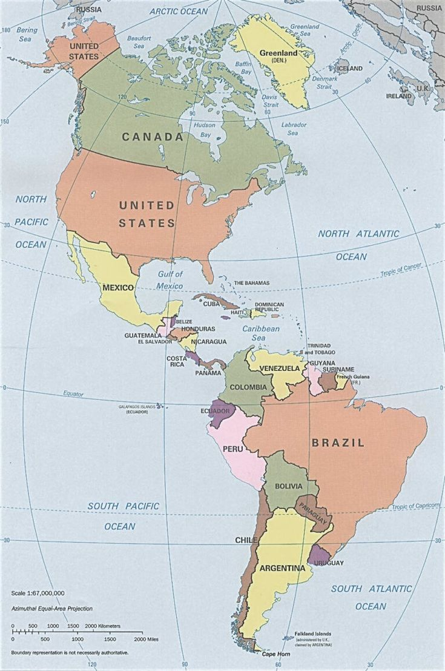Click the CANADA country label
(153, 137)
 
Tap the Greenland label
(278, 53)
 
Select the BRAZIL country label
(338, 443)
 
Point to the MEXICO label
(118, 287)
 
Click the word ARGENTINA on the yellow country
(282, 569)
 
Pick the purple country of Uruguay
(318, 555)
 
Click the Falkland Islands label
(313, 633)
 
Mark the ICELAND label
(349, 69)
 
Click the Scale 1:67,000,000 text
(38, 593)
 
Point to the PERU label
(233, 449)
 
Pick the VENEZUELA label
(279, 369)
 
